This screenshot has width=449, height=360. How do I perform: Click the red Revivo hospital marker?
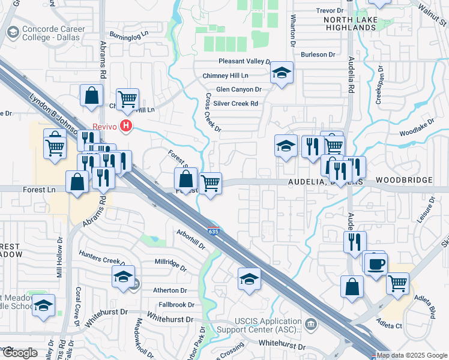126,126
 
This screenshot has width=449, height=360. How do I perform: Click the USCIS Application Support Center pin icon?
311,325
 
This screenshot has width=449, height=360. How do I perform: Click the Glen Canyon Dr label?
238,89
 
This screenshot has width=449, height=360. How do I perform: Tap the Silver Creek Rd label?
237,103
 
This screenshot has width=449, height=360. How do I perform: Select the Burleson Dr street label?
318,55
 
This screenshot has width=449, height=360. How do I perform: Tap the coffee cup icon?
376,264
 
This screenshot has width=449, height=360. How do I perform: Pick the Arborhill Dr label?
191,239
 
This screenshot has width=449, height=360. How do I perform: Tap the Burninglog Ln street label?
128,35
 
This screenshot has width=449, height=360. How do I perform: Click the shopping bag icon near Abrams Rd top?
91,95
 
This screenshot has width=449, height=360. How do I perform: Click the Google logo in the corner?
20,353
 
